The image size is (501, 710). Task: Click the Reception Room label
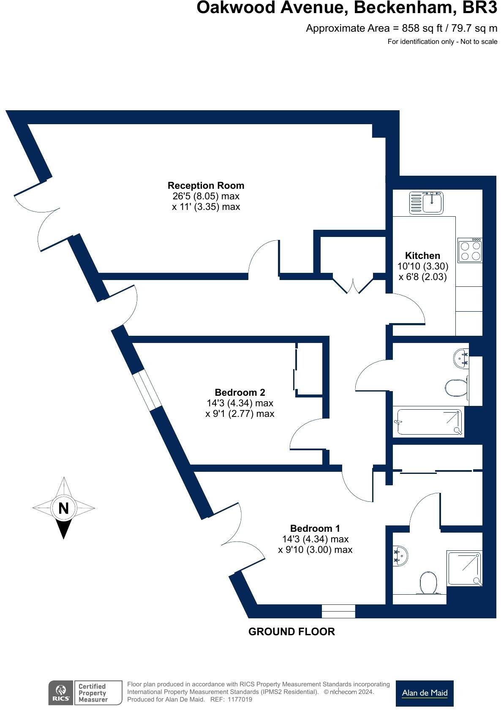pos(206,185)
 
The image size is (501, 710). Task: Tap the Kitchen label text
pos(422,256)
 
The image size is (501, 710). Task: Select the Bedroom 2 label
pos(240,392)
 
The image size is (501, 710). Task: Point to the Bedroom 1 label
pos(315,528)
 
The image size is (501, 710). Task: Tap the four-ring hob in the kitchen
pos(470,250)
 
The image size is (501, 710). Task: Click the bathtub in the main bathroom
pos(428,422)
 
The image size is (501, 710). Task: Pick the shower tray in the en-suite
pos(464,568)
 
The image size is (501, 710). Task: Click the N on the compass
pos(63,508)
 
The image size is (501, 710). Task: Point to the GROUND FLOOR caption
pos(291,631)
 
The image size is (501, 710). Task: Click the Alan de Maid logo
pos(424,693)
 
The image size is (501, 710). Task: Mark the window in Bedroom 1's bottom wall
pos(338,611)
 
